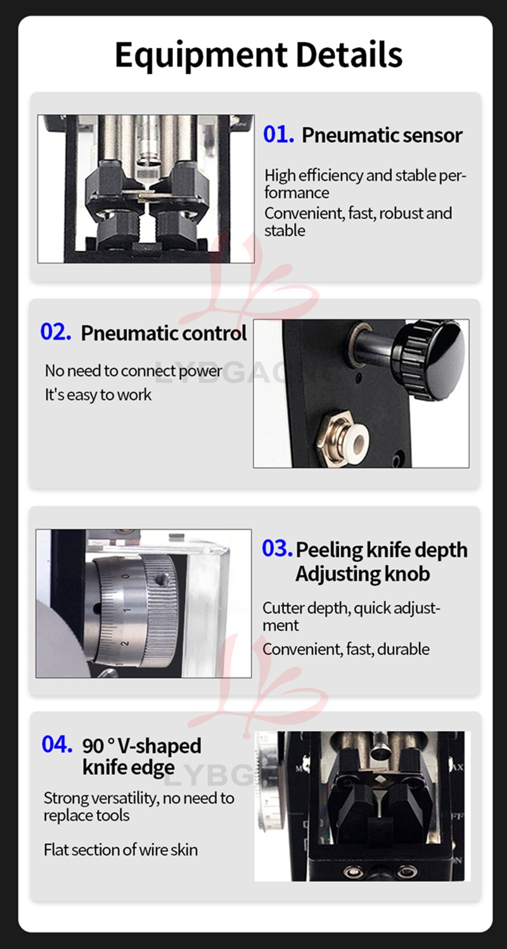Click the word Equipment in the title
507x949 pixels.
coord(202,55)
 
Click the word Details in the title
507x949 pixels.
coord(349,54)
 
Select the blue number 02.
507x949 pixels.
coord(56,331)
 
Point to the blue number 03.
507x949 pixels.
coord(277,548)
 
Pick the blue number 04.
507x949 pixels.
coord(57,744)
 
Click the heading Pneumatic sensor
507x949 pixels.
coord(382,135)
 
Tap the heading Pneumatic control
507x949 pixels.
coord(164,333)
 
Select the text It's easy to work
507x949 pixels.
coord(98,395)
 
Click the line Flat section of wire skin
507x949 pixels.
coord(121,850)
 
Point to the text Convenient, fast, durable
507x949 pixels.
coord(346,649)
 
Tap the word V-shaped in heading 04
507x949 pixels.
coord(159,746)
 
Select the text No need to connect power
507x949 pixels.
coord(134,371)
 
